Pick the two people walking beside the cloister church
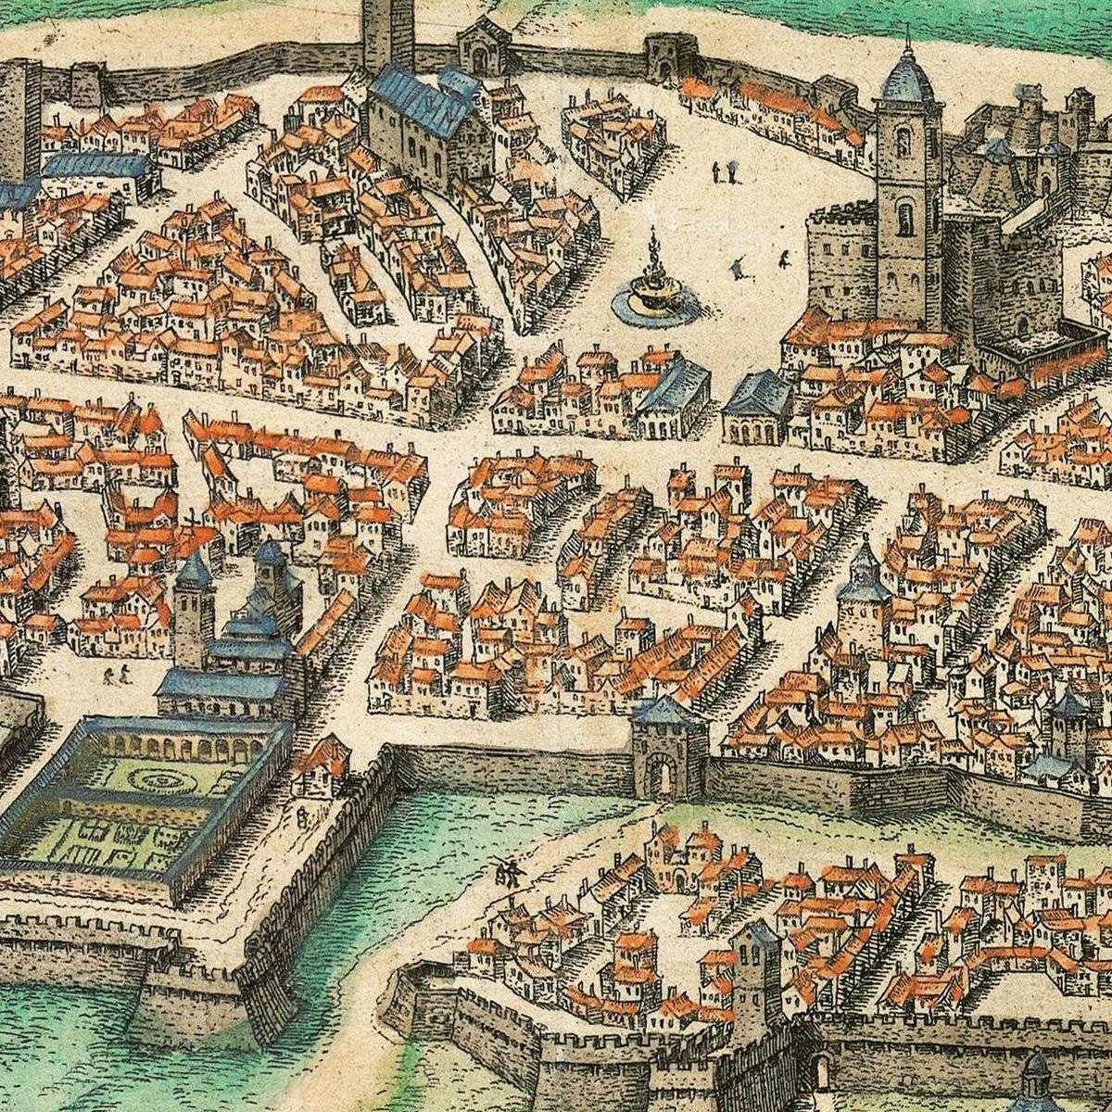(117, 675)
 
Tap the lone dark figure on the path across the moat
(506, 871)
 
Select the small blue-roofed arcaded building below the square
(758, 408)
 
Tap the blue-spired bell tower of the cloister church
(194, 602)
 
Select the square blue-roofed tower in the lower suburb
(755, 964)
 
